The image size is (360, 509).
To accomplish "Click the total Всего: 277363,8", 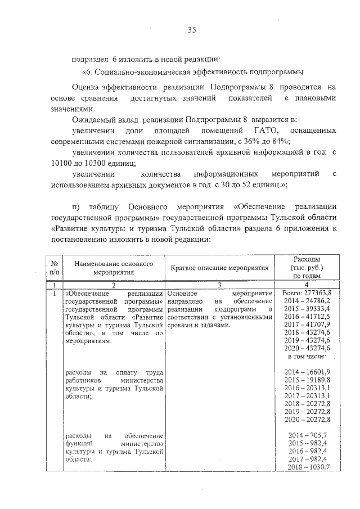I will click(x=307, y=293).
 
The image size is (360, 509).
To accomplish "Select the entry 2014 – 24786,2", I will click(x=307, y=301).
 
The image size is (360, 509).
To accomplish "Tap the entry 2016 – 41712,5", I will click(x=307, y=317).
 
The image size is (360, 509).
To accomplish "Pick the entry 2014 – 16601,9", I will click(x=307, y=372).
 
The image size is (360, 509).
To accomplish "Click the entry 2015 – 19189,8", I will click(x=307, y=380).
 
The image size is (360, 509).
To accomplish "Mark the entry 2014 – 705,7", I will click(x=307, y=436).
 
